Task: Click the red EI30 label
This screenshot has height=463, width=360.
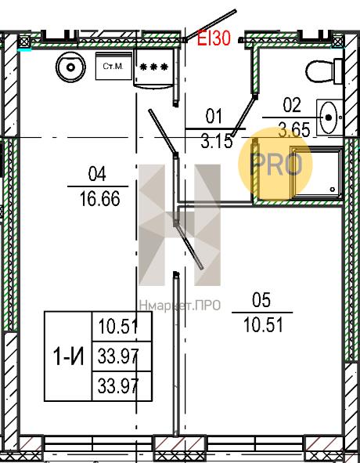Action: tap(214, 38)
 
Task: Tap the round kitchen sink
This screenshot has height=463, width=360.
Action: tap(70, 67)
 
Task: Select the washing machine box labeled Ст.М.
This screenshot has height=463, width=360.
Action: tap(113, 66)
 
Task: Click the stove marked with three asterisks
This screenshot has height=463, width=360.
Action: tap(153, 67)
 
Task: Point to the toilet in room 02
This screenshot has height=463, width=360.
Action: tap(324, 71)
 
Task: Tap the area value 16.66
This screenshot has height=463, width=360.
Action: tap(99, 199)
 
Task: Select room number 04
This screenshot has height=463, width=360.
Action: tap(97, 174)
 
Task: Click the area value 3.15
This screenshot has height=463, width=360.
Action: tap(217, 141)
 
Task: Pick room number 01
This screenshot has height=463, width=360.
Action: tap(214, 116)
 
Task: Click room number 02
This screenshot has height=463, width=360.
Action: tap(292, 105)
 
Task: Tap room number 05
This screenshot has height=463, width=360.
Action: tap(261, 300)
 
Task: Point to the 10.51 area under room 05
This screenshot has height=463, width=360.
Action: tap(263, 325)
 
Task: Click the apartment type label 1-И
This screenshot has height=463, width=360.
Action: tap(68, 356)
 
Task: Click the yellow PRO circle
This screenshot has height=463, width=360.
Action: tap(275, 164)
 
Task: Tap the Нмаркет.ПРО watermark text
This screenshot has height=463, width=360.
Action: tap(180, 306)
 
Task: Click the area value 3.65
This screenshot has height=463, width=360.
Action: tap(294, 130)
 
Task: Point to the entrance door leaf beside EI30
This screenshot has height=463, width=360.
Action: tap(210, 25)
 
